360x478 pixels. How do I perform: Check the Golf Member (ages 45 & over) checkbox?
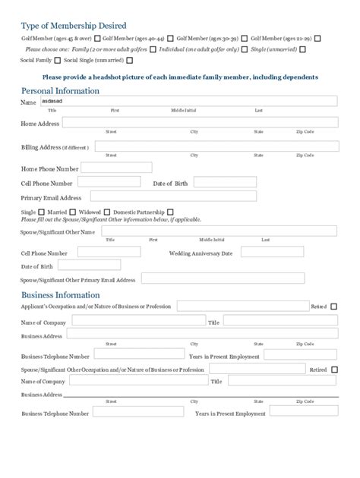[97, 38]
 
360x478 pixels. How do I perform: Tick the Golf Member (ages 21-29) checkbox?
[317, 38]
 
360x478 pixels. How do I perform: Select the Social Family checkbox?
[58, 59]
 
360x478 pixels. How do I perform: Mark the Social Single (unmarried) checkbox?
[130, 59]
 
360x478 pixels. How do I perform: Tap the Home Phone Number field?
[116, 168]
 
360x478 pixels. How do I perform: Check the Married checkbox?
[43, 212]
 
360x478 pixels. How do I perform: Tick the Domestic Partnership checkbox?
[170, 212]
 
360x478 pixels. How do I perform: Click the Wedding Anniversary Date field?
[270, 252]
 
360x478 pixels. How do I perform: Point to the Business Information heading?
[60, 294]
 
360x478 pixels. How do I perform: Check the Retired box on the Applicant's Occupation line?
[334, 307]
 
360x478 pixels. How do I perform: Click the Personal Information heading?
[60, 90]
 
